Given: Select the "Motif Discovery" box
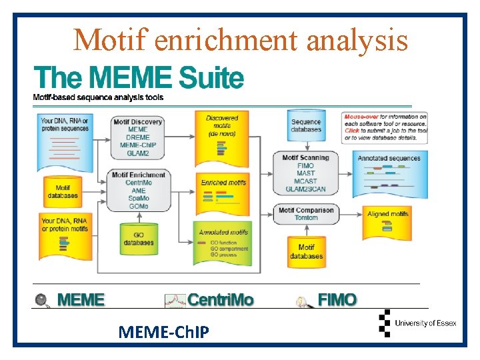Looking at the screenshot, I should (x=137, y=137).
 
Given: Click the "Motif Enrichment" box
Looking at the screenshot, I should (x=138, y=190).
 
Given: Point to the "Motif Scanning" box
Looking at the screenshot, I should (x=305, y=172).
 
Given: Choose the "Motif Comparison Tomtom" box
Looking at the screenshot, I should (x=305, y=213).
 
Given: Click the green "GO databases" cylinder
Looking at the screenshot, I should (x=139, y=238).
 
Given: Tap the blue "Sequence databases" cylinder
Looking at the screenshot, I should (x=306, y=125).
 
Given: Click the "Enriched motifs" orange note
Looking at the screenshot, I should (x=223, y=189).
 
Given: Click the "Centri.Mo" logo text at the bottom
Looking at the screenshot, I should (x=220, y=300).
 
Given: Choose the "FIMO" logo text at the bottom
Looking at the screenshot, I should (x=337, y=300).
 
